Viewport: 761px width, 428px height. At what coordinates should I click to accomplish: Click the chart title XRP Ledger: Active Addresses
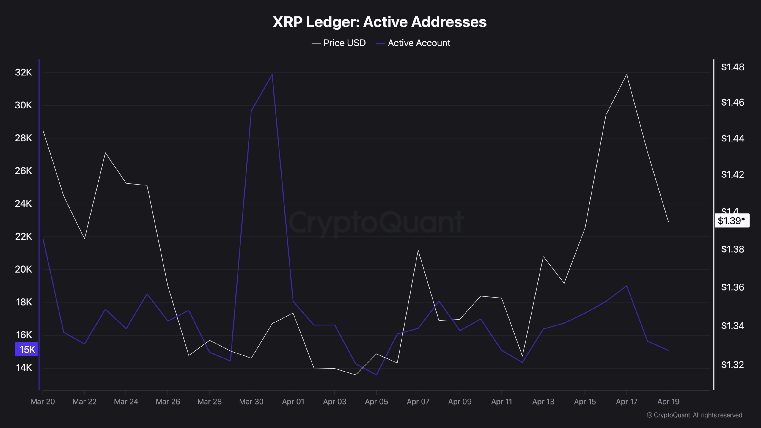pos(380,22)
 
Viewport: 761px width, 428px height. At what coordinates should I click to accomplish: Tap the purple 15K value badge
pos(27,349)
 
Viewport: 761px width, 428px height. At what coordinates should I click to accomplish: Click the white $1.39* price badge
pos(732,221)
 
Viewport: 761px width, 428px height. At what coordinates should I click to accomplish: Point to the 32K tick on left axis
pos(23,72)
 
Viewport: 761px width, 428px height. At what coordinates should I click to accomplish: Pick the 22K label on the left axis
pos(23,236)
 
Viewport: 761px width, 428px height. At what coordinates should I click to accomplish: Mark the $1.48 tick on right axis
pos(732,67)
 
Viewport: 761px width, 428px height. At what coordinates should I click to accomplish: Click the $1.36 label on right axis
pos(732,287)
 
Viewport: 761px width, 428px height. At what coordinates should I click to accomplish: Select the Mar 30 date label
pos(251,402)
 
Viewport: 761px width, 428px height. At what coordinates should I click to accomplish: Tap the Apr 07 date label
pos(418,402)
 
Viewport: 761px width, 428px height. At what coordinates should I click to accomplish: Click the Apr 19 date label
pos(668,402)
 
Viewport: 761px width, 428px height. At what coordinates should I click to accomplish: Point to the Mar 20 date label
pos(43,402)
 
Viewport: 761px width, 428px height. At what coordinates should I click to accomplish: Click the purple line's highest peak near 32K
pos(272,74)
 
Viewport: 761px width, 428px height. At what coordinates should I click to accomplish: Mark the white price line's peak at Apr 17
pos(627,75)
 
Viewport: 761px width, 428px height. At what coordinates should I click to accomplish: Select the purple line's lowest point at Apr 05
pos(376,375)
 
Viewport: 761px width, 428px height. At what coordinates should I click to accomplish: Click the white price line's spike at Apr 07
pos(418,250)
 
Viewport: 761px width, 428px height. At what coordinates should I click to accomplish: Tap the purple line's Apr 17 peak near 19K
pos(627,286)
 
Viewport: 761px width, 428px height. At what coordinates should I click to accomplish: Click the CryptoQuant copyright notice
pos(694,415)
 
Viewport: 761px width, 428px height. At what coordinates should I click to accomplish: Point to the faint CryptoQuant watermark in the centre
pos(376,222)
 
